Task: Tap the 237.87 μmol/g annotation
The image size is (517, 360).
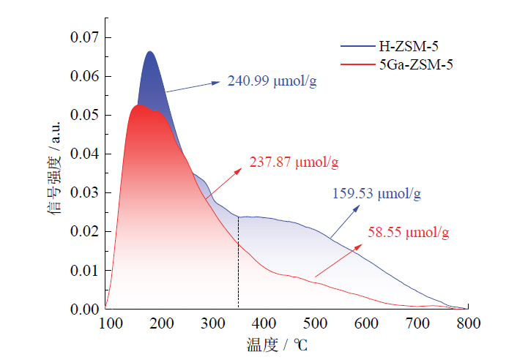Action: [295, 162]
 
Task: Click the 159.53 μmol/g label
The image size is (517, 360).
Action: [378, 195]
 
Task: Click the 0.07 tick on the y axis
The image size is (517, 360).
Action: [86, 37]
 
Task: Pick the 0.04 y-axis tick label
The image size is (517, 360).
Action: [86, 154]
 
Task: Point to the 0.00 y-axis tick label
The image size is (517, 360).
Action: [86, 309]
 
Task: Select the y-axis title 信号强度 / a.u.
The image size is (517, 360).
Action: [55, 173]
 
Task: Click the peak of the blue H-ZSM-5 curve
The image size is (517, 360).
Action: [149, 52]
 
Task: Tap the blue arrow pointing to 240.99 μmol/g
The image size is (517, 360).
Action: [193, 86]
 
